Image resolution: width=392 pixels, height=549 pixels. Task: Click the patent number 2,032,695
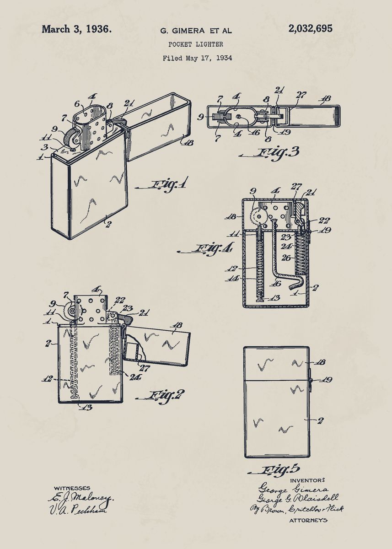coord(310,29)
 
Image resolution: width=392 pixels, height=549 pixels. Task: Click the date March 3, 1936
coord(76,29)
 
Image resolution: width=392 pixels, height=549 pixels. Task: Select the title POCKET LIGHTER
coord(196,44)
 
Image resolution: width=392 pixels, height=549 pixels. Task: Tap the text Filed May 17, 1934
coord(197,58)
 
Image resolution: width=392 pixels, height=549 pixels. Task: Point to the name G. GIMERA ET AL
coord(196,31)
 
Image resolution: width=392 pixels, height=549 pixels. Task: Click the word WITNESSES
coord(72,488)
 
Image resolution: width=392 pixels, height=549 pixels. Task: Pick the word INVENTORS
coord(307,480)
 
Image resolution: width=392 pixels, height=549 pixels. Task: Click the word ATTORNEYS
coord(308,520)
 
